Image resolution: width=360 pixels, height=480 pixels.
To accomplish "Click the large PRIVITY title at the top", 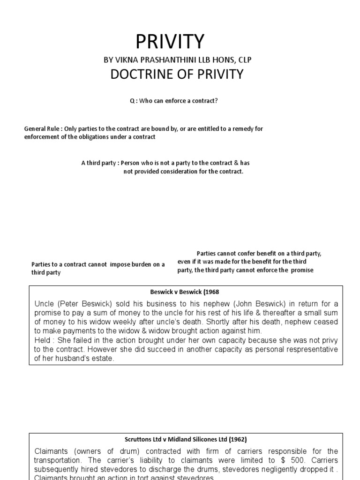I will pyautogui.click(x=170, y=42).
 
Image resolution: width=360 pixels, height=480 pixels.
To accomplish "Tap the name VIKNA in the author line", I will pyautogui.click(x=127, y=60).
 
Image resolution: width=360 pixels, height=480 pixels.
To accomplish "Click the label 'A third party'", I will pyautogui.click(x=98, y=163).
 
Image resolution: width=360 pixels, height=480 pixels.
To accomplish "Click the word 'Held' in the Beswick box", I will pyautogui.click(x=43, y=340).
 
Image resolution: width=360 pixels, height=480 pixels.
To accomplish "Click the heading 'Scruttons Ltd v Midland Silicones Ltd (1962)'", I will pyautogui.click(x=186, y=439).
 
